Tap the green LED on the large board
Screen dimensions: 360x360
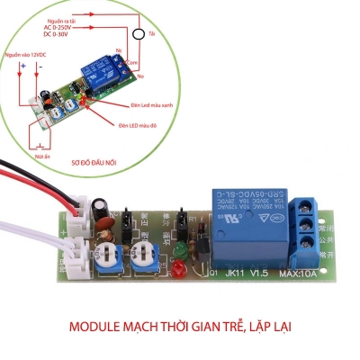point(179,248)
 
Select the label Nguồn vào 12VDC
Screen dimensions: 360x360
point(26,56)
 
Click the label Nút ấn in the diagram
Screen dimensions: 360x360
point(40,155)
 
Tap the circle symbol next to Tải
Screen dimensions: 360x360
point(139,34)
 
